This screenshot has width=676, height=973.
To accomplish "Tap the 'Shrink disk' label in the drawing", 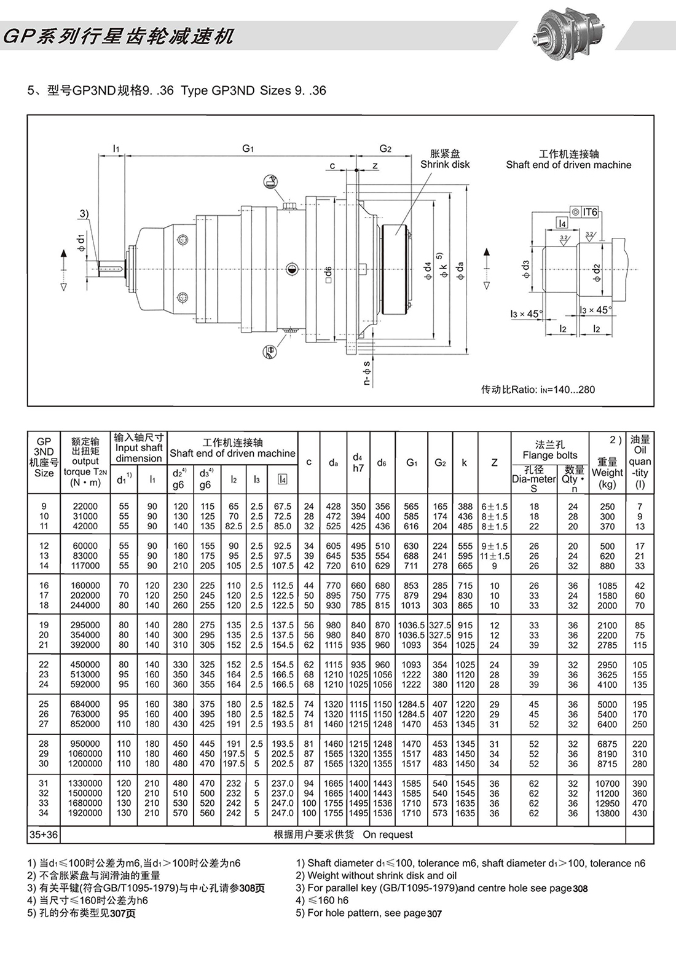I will coord(444,165).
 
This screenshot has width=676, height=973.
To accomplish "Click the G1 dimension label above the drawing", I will coord(248,148).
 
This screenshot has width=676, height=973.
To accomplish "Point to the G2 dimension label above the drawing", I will coord(385,148).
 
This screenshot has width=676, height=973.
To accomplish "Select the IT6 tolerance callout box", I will coord(584,212).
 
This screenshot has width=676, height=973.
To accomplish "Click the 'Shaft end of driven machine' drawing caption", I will coord(568,165).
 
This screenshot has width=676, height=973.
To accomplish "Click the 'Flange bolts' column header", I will coord(549,455).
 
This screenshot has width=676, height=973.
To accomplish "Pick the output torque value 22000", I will coord(85,506).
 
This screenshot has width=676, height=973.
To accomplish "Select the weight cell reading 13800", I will coord(607,813).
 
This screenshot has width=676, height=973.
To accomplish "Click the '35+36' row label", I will coord(44,835).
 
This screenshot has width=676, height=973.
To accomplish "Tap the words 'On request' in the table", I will coord(388,835).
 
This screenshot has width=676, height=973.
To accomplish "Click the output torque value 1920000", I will coord(85,813).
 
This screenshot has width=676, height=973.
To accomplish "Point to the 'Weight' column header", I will coord(607,473).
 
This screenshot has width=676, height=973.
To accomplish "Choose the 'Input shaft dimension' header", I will coord(139,448).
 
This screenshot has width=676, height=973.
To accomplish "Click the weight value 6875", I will coord(607,744).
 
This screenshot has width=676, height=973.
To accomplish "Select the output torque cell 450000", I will coord(85,664).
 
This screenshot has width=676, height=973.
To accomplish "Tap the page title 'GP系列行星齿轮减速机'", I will coord(119,37).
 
